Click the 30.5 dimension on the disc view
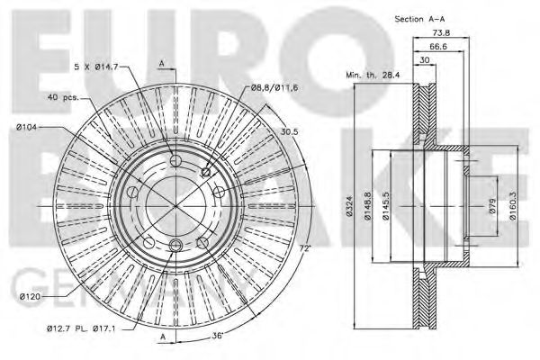(289, 131)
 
